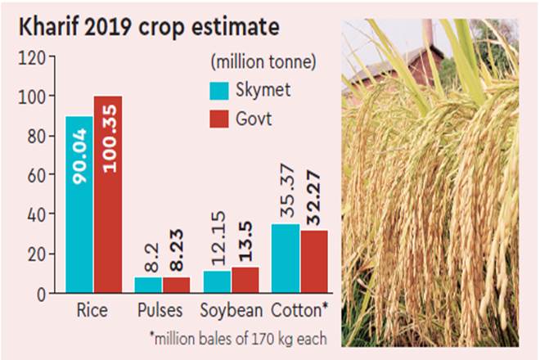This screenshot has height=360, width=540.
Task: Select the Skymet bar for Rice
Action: (x=79, y=205)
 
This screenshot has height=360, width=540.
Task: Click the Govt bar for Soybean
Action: (x=245, y=280)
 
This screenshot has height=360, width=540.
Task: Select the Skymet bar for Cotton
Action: (x=286, y=258)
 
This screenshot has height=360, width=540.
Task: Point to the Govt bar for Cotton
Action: (x=314, y=261)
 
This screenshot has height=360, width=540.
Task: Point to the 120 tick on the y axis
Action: (x=36, y=57)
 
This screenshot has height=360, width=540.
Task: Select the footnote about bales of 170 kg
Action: (x=238, y=337)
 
